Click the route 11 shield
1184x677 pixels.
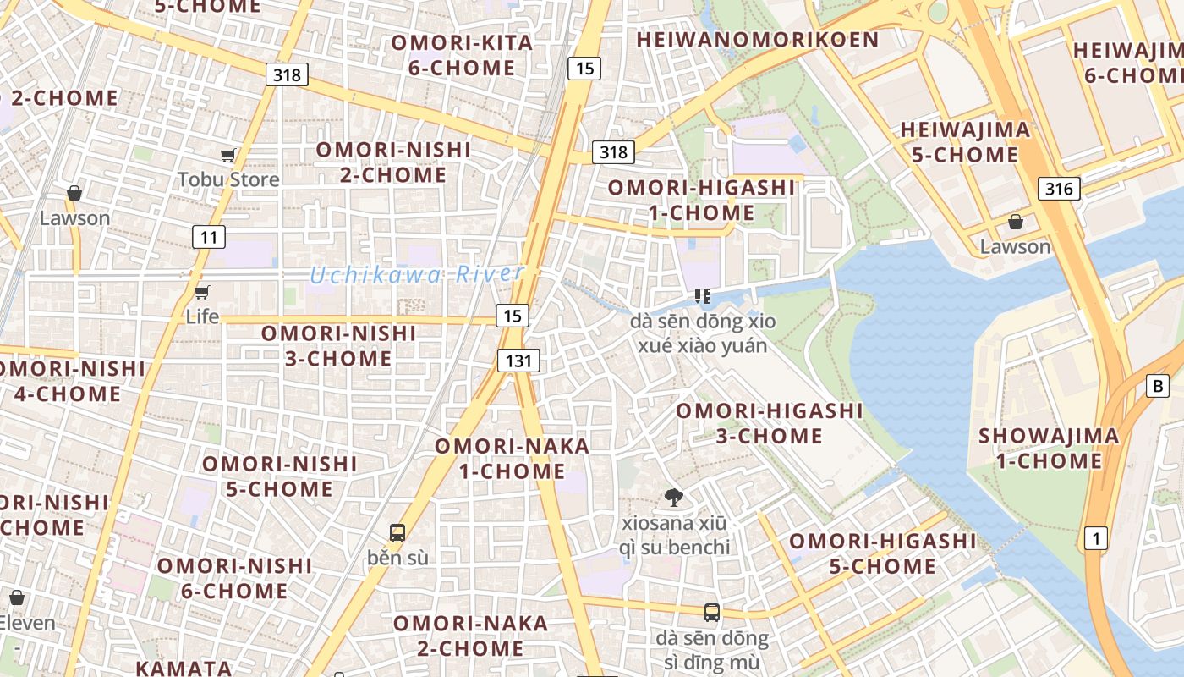pos(208,237)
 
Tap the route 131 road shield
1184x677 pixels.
pos(518,361)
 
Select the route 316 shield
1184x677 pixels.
pos(1059,189)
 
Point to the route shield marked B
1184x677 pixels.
pos(1157,387)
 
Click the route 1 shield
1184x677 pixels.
pos(1096,537)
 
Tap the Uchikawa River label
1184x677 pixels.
pos(416,275)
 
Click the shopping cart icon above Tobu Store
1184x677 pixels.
pos(227,155)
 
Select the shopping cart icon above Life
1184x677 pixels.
pos(201,293)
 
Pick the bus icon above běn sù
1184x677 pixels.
pos(397,533)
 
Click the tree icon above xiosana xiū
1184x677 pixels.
pos(674,498)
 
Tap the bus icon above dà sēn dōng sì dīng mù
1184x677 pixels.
pos(712,613)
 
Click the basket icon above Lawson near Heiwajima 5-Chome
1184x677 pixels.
pos(1015,222)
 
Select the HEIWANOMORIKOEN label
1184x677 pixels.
pos(758,40)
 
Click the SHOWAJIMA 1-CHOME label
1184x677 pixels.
pos(1049,449)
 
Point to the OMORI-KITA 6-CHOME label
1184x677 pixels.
pos(462,55)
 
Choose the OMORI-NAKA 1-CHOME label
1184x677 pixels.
pos(512,458)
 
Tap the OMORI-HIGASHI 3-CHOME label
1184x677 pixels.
pos(769,423)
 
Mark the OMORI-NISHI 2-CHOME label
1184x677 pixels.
pos(393,162)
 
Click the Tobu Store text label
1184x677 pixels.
pos(228,179)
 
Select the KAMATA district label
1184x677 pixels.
pos(184,668)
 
